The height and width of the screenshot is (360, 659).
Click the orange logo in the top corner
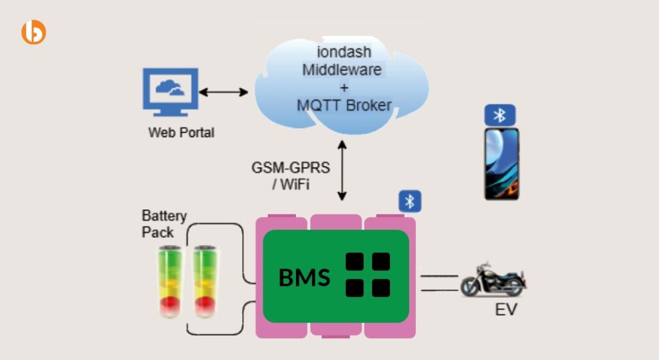click(33, 32)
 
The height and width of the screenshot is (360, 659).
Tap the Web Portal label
click(181, 133)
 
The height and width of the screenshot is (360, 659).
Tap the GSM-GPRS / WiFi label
click(290, 175)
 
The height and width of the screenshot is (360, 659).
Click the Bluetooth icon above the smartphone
click(499, 115)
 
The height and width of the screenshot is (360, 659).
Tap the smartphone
click(501, 164)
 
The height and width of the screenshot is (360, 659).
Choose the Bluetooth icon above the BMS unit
click(409, 201)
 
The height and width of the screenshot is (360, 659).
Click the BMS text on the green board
click(304, 278)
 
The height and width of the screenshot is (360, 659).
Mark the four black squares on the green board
click(367, 274)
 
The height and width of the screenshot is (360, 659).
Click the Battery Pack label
click(164, 223)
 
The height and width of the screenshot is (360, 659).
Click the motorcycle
click(494, 279)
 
